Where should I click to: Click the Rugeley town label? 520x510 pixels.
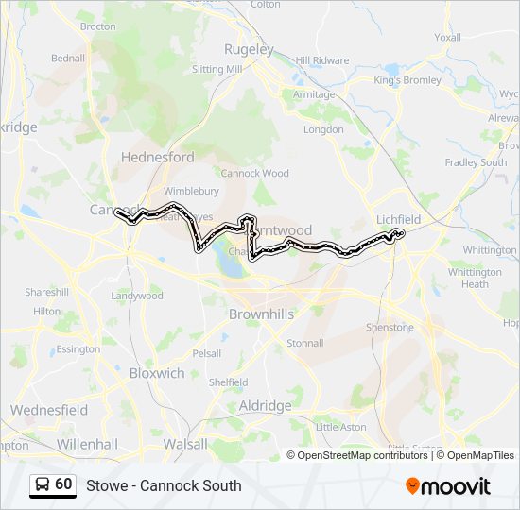click(x=249, y=49)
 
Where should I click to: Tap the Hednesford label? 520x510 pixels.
click(x=158, y=157)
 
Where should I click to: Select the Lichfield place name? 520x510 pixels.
click(x=398, y=218)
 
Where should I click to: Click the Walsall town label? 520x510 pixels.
click(x=184, y=443)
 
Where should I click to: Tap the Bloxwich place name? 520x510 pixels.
click(x=157, y=373)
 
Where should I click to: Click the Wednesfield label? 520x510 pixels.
click(x=49, y=410)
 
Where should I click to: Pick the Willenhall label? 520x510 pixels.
click(x=86, y=443)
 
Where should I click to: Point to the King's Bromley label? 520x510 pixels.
click(x=407, y=80)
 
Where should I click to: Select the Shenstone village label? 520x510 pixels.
click(x=390, y=327)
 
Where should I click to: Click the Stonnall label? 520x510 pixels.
click(x=304, y=343)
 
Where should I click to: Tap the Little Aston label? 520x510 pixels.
click(x=340, y=427)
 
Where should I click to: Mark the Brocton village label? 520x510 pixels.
click(x=97, y=26)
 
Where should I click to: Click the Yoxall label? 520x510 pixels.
click(x=447, y=38)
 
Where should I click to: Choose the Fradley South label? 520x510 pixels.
click(x=476, y=162)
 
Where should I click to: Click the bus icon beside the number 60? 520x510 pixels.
click(x=43, y=484)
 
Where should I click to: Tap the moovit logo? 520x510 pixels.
click(x=448, y=485)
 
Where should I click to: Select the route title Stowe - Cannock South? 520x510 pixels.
click(x=164, y=485)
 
